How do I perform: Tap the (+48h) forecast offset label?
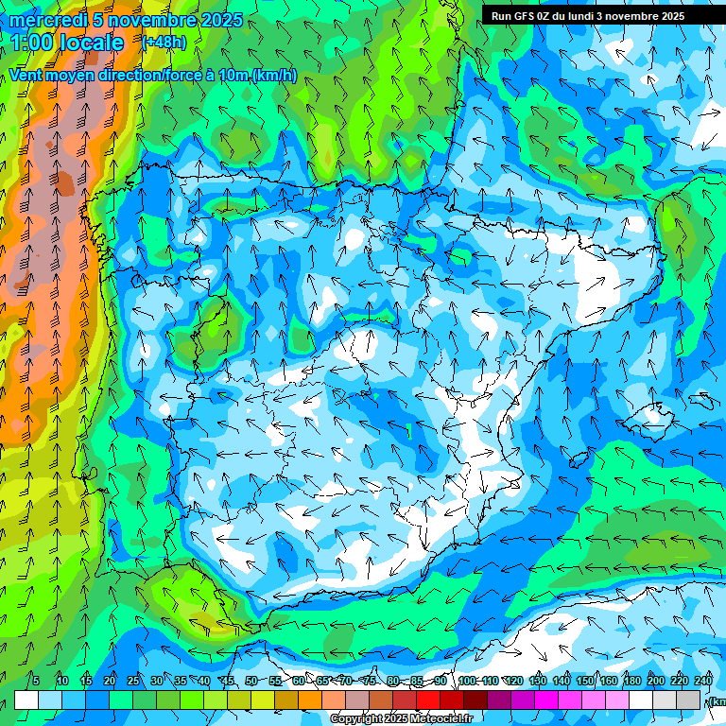[x=164, y=43]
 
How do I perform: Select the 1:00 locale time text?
[x=67, y=43]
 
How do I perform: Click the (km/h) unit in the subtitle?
[x=274, y=76]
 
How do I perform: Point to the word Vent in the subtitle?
[x=27, y=76]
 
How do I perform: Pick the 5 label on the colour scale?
[x=36, y=681]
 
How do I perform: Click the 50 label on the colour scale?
[x=251, y=681]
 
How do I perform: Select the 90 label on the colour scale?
[x=441, y=681]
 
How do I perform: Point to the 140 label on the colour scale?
[x=562, y=681]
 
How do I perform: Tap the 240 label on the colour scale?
[x=703, y=681]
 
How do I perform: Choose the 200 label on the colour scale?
[x=656, y=681]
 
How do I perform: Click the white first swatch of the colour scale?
[x=26, y=700]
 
